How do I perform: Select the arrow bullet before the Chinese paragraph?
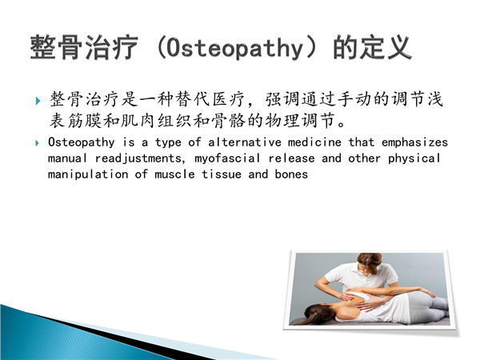[38, 101]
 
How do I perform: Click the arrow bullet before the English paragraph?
[38, 142]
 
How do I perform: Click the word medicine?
[314, 142]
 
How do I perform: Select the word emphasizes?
[414, 142]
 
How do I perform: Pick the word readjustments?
[138, 158]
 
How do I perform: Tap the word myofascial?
[227, 158]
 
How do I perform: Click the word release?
[291, 158]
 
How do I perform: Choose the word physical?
[414, 158]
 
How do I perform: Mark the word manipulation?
[88, 174]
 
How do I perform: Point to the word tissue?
[222, 174]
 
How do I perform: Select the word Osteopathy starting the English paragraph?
[81, 142]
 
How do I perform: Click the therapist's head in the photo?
[370, 263]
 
